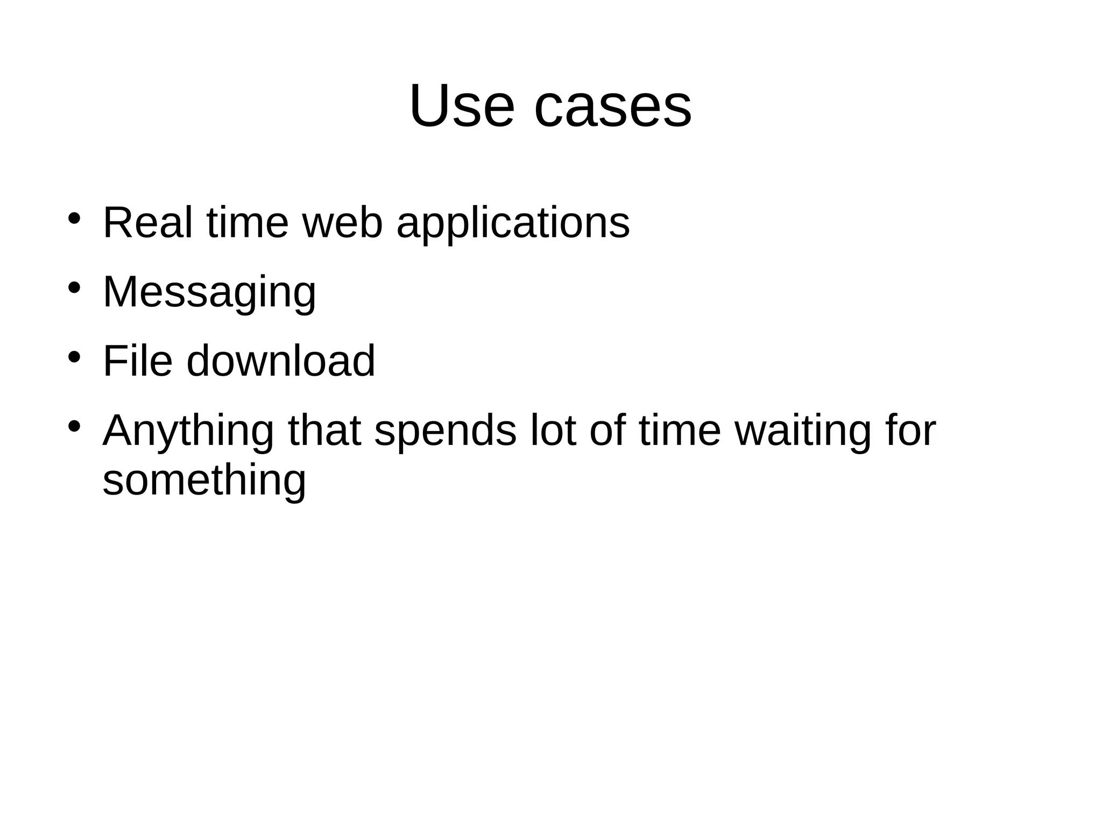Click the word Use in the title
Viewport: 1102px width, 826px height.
pos(461,106)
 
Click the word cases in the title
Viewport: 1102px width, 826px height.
pos(612,106)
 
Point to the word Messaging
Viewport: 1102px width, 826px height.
pos(209,294)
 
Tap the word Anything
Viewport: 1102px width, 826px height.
pos(188,432)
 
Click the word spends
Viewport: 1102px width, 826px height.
pos(445,432)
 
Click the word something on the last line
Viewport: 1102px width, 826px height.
pos(204,481)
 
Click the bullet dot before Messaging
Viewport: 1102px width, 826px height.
pos(74,287)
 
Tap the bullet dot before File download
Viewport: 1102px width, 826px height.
pos(74,357)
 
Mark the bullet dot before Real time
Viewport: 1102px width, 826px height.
pos(74,218)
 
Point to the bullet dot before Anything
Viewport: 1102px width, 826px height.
pos(74,426)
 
